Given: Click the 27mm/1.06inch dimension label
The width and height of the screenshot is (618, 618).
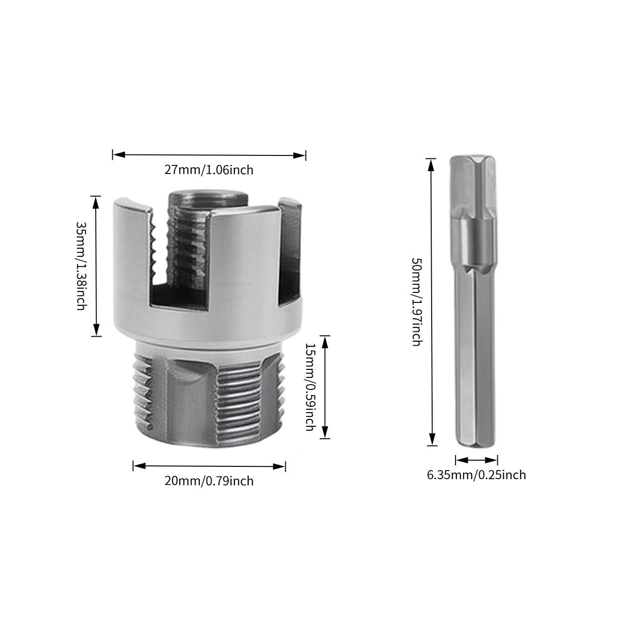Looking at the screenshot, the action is (x=209, y=170).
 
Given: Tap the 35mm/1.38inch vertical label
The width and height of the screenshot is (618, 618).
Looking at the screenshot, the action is (x=81, y=266).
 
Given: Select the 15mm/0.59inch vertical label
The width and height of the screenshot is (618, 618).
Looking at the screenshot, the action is (x=310, y=387).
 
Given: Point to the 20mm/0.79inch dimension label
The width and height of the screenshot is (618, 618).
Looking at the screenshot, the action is (x=209, y=481).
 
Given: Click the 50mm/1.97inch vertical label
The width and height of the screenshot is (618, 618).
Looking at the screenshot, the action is (x=416, y=302).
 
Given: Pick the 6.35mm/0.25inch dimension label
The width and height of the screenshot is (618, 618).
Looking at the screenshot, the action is (x=476, y=475).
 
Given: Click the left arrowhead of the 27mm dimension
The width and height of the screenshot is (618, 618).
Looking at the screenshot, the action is (x=119, y=155).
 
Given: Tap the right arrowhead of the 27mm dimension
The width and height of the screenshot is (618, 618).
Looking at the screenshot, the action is (x=299, y=156).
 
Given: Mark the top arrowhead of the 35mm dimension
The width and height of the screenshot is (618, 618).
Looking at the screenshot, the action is (x=96, y=202).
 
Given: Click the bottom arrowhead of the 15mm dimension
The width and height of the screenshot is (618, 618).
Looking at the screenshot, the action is (x=325, y=432).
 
